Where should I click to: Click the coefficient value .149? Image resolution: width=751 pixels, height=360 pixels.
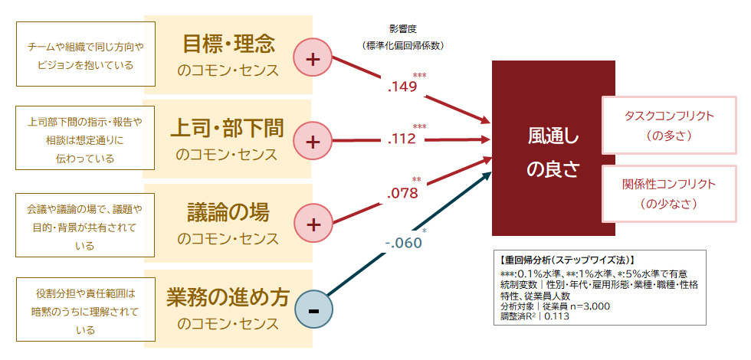pyautogui.click(x=402, y=87)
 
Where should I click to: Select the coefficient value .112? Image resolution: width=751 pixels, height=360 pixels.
pyautogui.click(x=402, y=139)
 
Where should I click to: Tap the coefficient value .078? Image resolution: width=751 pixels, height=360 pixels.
pyautogui.click(x=402, y=193)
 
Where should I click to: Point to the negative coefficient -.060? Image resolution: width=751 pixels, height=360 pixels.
pyautogui.click(x=403, y=243)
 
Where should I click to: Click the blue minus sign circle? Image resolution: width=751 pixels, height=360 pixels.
pyautogui.click(x=313, y=311)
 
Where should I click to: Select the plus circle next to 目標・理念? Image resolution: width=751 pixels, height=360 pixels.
pyautogui.click(x=313, y=58)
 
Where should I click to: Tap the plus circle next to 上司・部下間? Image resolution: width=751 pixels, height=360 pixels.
pyautogui.click(x=313, y=141)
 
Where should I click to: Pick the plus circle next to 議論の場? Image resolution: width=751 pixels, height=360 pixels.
pyautogui.click(x=313, y=224)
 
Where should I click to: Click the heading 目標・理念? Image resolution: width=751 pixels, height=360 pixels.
pyautogui.click(x=228, y=44)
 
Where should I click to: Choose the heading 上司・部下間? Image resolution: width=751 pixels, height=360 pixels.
pyautogui.click(x=228, y=128)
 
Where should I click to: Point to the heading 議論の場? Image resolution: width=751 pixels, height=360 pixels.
pyautogui.click(x=228, y=211)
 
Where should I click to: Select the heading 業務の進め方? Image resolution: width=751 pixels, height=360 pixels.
pyautogui.click(x=228, y=296)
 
